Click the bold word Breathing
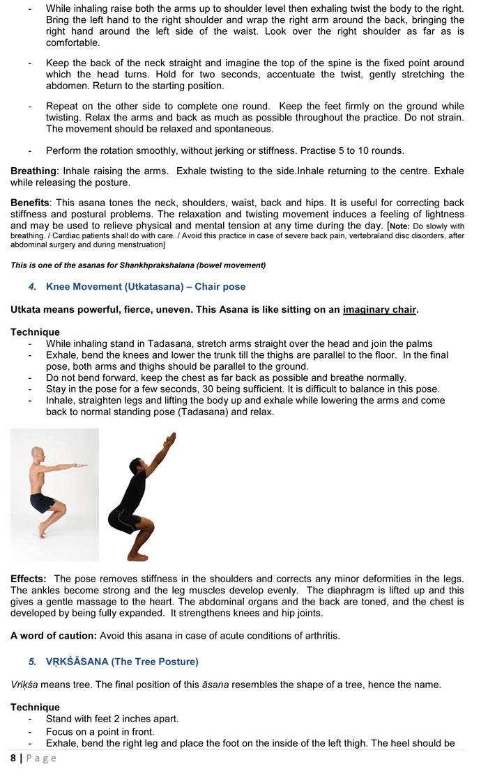coord(33,171)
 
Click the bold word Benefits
coord(29,201)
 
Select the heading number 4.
coord(32,287)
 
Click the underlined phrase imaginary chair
coord(379,310)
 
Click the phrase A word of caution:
coord(54,636)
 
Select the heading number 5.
coord(32,661)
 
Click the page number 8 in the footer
coord(13,758)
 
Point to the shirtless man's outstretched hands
coord(82,465)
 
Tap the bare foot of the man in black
coord(137,556)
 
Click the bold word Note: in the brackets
coord(399,226)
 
